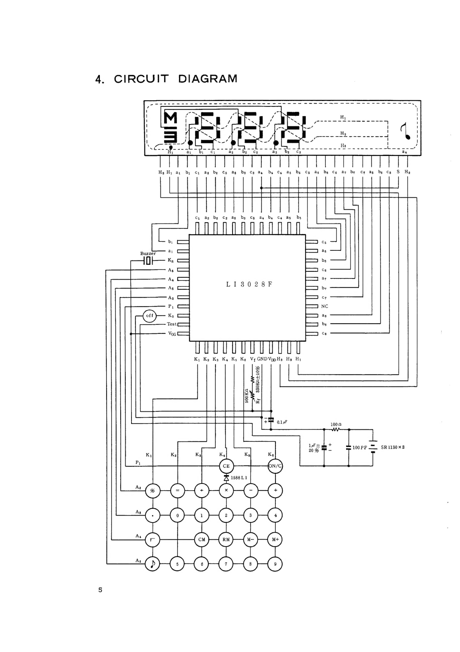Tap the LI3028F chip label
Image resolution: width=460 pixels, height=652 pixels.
point(249,284)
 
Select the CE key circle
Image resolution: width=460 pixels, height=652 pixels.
point(226,466)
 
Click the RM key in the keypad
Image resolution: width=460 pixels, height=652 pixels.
point(226,540)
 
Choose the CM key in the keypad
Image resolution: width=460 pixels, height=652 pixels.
point(202,540)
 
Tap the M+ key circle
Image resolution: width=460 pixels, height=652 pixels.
point(275,540)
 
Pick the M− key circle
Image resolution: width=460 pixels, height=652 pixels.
point(250,540)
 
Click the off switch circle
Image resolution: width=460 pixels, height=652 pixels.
point(150,315)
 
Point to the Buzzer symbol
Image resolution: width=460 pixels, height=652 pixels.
point(148,261)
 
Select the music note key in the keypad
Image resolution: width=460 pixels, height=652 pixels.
point(153,564)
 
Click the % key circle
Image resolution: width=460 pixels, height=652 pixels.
point(153,491)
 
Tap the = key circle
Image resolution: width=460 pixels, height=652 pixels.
point(177,491)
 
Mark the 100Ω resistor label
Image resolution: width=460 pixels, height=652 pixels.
point(336,424)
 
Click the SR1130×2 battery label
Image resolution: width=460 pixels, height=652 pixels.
point(393,447)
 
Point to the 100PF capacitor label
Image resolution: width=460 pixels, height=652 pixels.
point(360,448)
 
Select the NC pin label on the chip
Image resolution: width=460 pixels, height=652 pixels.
point(325,306)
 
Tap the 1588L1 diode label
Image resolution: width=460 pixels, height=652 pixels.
point(239,478)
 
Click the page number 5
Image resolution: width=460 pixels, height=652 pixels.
point(100,590)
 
